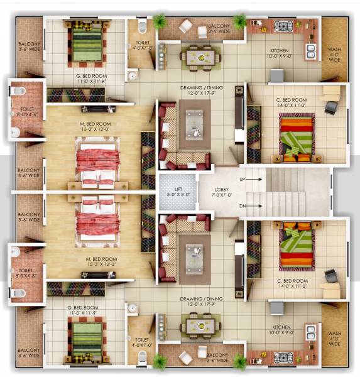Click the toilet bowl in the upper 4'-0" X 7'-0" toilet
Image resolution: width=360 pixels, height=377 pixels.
(143, 26)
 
